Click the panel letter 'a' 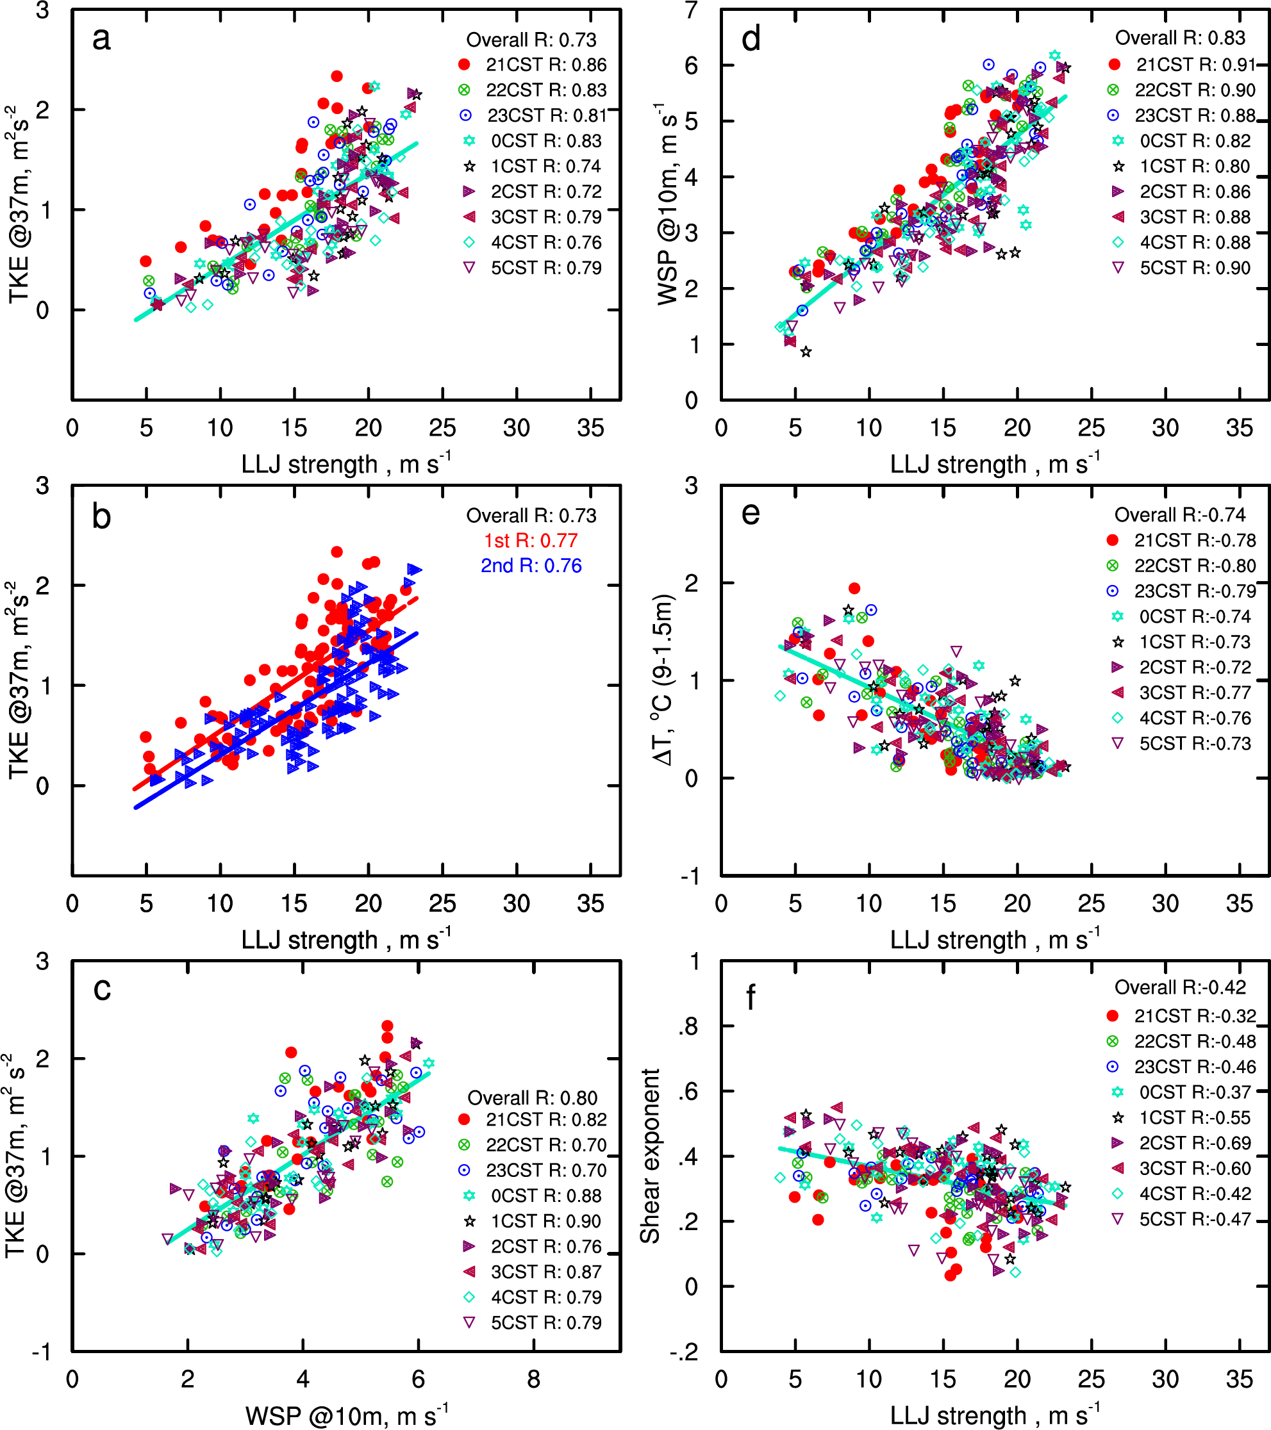101,39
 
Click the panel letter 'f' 751,997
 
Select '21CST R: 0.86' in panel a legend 546,65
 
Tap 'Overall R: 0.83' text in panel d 1180,38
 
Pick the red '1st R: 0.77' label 531,541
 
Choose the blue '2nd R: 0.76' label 531,566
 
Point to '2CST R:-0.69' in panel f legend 1195,1143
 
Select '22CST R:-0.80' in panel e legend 1195,566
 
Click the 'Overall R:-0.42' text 1180,988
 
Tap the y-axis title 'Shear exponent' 650,1156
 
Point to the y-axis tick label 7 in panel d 692,10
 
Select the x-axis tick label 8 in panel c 533,1379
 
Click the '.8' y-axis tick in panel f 690,1027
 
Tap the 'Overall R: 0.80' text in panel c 532,1098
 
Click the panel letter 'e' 751,514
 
